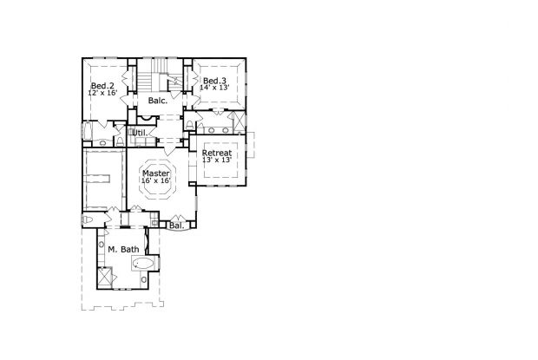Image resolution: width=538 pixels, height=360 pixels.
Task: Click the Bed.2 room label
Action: [x=102, y=86]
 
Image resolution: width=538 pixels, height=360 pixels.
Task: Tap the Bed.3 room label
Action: [x=216, y=81]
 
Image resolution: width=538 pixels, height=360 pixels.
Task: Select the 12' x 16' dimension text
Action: [x=102, y=94]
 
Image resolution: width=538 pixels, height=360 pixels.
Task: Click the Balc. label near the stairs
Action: [x=157, y=101]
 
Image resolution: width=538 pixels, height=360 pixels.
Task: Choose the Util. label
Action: [x=139, y=133]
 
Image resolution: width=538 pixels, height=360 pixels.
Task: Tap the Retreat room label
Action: [x=216, y=153]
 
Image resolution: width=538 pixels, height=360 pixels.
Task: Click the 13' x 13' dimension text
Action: [x=216, y=160]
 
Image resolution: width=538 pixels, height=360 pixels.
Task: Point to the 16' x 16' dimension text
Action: [x=155, y=180]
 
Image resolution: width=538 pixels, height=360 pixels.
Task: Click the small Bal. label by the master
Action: [x=176, y=226]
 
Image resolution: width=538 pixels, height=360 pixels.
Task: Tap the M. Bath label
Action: [x=122, y=250]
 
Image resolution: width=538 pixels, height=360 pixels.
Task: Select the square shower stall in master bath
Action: [x=105, y=278]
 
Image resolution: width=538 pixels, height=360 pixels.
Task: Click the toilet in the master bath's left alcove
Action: [x=89, y=222]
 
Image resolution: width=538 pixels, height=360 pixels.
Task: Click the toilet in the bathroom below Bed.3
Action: [x=189, y=126]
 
